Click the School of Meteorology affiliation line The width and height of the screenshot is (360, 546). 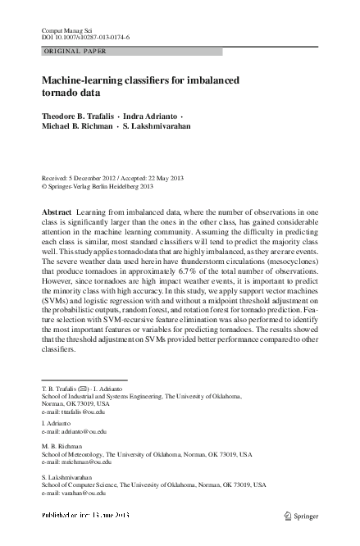(147, 452)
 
